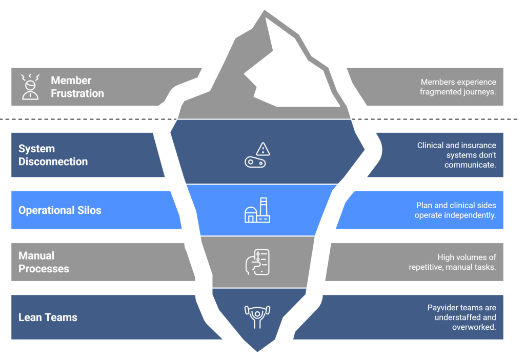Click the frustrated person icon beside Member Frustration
coord(30,87)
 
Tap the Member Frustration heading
coord(77,87)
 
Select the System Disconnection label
coord(53,155)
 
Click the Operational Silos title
coord(60,210)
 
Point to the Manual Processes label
coord(44,262)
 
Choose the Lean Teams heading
coord(48,317)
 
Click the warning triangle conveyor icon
coord(257,155)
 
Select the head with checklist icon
coord(257,262)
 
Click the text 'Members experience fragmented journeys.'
coord(458,87)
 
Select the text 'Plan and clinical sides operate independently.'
coord(455,210)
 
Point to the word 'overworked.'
coord(474,327)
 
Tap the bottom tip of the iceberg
coord(257,350)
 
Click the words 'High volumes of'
coord(467,257)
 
